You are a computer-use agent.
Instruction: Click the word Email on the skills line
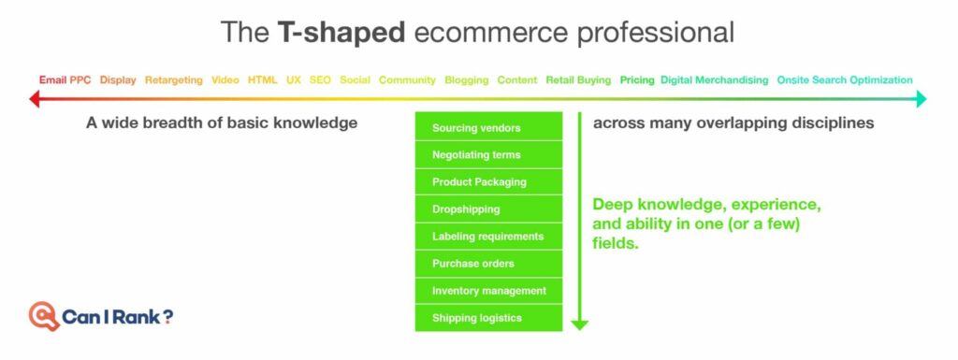click(52, 79)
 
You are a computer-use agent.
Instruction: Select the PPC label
click(80, 79)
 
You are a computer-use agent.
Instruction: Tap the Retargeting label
click(173, 79)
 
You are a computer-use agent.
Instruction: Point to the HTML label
click(262, 79)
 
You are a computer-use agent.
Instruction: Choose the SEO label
click(320, 79)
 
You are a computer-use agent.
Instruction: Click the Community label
click(407, 79)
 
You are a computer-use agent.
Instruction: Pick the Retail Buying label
click(578, 79)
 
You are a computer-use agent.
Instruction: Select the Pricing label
click(637, 79)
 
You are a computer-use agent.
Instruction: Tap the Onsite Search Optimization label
click(845, 79)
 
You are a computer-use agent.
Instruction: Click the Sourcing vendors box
click(488, 126)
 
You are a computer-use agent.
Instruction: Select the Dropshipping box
click(488, 209)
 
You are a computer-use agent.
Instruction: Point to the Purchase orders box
click(488, 263)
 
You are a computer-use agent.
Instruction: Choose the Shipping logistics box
click(488, 318)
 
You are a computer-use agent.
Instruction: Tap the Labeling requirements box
click(488, 237)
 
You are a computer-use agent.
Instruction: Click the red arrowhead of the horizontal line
click(35, 98)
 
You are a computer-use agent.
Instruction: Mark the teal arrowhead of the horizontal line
click(922, 98)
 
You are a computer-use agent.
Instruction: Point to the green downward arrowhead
click(579, 325)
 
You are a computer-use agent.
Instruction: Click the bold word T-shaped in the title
click(341, 32)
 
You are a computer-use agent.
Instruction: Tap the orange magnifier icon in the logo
click(43, 316)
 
